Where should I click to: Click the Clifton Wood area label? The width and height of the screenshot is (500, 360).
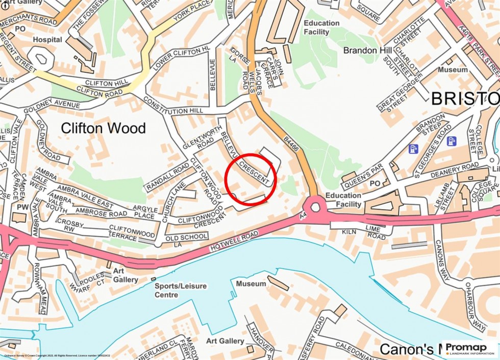[x=103, y=128]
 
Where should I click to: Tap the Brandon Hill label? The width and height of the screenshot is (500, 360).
[x=367, y=51]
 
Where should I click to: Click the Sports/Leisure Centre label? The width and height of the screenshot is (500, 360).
[x=181, y=290]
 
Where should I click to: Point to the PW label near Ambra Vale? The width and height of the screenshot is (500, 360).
[x=22, y=207]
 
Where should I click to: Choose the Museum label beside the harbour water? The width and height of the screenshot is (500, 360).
[x=251, y=283]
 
